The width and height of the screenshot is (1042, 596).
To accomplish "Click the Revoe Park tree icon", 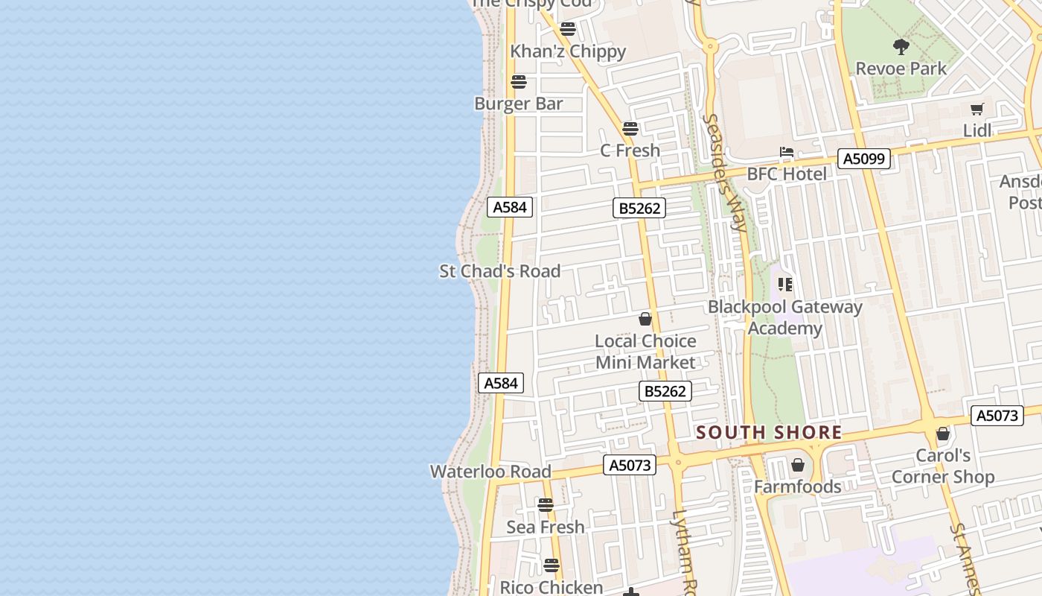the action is click(901, 47).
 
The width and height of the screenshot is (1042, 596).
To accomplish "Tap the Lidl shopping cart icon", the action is click(977, 110).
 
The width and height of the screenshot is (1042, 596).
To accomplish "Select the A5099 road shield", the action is click(863, 159).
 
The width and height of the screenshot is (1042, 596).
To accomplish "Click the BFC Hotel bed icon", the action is click(787, 153).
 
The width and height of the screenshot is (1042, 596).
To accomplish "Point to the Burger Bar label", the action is click(518, 104).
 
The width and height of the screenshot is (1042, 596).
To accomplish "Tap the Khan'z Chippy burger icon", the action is click(568, 29).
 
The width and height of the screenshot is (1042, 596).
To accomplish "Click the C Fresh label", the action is click(630, 150).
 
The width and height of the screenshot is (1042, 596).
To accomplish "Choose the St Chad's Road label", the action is click(499, 271).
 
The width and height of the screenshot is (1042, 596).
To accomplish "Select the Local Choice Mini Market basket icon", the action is click(645, 320).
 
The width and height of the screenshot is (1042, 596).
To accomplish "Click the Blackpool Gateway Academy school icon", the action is click(784, 285).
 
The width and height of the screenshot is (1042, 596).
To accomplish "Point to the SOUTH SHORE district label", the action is click(769, 433).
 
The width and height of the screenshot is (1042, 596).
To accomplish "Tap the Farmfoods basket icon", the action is click(798, 466).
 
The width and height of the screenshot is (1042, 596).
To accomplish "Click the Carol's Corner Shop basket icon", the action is click(943, 434).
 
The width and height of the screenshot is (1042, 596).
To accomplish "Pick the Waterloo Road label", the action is click(490, 472).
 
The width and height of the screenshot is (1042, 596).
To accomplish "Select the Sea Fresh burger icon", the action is click(546, 505).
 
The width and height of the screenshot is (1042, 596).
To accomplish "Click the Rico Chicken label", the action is click(551, 587).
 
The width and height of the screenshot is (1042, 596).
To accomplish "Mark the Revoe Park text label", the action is click(901, 69).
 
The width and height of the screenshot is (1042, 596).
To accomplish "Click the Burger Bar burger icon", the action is click(519, 82).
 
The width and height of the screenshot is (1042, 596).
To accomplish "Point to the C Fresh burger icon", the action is click(630, 129).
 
